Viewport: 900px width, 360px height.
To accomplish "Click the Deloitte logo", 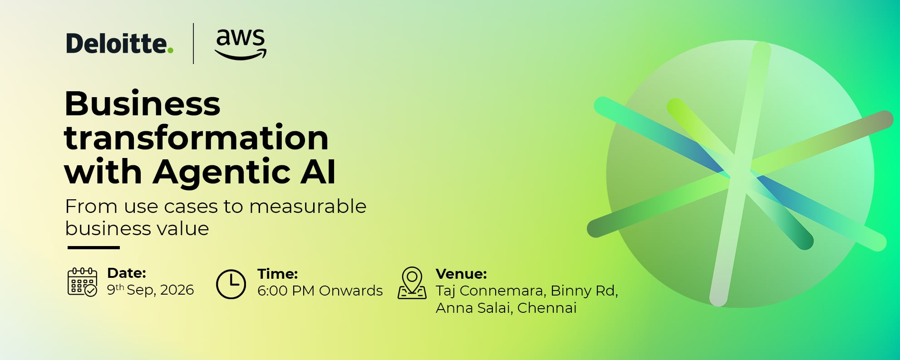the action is point(120,44).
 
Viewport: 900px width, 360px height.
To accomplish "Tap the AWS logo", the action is point(241,44).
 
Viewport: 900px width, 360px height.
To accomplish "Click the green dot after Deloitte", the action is point(170,50).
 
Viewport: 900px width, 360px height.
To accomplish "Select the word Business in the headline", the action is point(143,104).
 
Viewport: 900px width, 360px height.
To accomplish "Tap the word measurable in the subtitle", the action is point(308,207).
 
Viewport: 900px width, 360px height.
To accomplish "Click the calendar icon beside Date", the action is point(82,282).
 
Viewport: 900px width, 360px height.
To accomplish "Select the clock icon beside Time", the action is point(231,284).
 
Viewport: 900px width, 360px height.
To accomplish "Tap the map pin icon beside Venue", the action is point(412,283).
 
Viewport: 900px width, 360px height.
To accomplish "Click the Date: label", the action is point(127,273).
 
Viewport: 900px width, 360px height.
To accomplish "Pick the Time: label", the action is point(278,274).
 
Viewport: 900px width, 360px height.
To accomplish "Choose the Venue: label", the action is point(461,274).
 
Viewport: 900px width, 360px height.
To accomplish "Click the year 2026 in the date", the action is point(177,290).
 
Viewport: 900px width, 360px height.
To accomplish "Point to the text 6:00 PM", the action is point(286,291).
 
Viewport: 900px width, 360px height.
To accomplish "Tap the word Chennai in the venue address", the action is point(547,308).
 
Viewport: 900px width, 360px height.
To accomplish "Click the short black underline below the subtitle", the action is point(93,247).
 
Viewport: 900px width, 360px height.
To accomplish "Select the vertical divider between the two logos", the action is point(194,44).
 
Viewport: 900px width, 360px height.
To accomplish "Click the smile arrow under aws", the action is point(241,55).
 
